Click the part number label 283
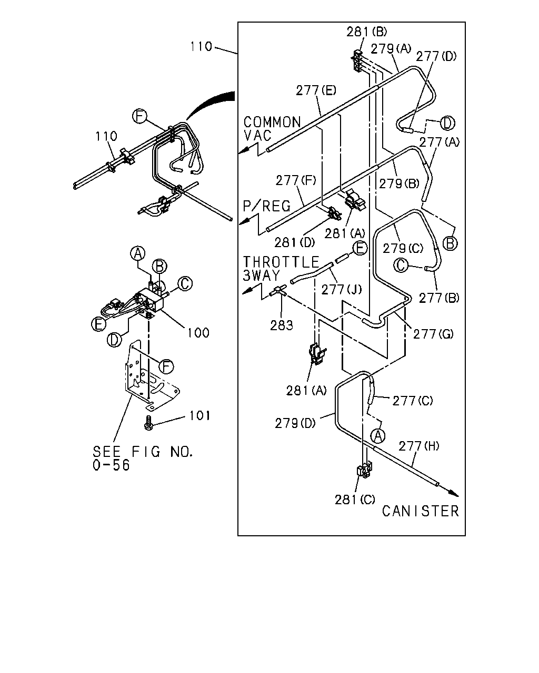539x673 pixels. pos(282,325)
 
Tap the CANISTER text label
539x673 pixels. pos(420,512)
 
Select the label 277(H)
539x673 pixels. pos(419,446)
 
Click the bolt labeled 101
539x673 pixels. pos(148,423)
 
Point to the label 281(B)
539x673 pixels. pos(367,32)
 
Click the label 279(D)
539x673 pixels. pos(295,423)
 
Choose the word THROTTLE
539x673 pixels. pos(281,262)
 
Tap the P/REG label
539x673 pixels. pos(267,206)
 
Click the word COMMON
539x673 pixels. pos(272,123)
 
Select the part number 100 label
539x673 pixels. pos(198,333)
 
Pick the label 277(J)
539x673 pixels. pos(342,290)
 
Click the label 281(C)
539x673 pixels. pos(355,499)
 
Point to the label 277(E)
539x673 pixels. pos(316,90)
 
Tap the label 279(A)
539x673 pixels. pos(391,49)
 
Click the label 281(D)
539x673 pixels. pos(295,242)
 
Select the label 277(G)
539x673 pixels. pos(433,334)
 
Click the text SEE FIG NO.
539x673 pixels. pos(143,452)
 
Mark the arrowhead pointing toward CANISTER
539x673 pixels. pos(454,493)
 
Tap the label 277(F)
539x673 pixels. pos(296,180)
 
